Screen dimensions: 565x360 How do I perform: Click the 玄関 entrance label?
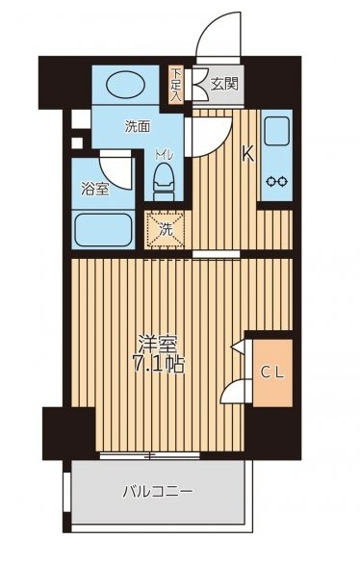coord(227,84)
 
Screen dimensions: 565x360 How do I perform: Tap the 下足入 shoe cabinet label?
coord(176,84)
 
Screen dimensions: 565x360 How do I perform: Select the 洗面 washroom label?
coord(137,125)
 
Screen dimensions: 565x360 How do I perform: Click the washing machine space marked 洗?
coord(166,230)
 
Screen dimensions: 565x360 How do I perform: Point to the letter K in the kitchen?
coord(246,152)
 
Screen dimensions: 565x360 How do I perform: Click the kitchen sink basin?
coord(275,131)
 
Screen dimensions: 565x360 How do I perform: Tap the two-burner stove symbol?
coord(276,180)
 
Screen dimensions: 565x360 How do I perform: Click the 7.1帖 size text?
coord(152,367)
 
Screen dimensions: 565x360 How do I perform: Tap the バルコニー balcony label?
coord(158,492)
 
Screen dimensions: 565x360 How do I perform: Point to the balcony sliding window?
coord(158,453)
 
